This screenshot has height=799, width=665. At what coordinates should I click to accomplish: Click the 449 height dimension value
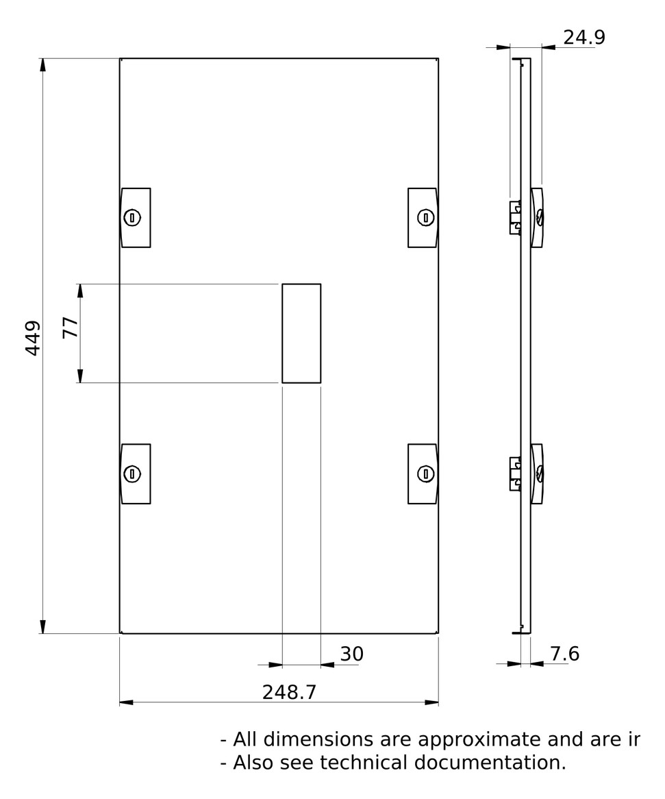click(33, 338)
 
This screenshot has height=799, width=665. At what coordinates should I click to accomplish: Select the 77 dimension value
click(70, 328)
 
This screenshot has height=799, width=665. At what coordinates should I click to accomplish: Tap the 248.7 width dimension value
click(289, 692)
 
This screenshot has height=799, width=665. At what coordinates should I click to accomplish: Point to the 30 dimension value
click(351, 654)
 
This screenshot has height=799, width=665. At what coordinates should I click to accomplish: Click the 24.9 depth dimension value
click(584, 38)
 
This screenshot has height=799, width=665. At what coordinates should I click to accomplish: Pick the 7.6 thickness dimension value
click(564, 654)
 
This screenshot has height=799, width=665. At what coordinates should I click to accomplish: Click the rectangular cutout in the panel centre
click(301, 333)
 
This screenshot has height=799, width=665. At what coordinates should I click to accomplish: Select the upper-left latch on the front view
click(136, 217)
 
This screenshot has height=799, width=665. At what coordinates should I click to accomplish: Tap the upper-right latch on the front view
click(423, 217)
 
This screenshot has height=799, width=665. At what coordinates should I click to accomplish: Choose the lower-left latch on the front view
click(136, 474)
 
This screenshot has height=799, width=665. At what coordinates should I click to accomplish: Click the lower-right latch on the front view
click(423, 474)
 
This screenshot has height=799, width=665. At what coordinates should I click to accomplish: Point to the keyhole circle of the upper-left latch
click(131, 218)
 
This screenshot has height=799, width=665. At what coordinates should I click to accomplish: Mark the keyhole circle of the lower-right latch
click(427, 474)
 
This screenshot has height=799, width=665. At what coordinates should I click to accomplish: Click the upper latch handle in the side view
click(538, 217)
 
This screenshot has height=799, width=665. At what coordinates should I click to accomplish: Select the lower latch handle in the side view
click(538, 474)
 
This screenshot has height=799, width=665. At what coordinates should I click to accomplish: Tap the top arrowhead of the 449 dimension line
click(43, 65)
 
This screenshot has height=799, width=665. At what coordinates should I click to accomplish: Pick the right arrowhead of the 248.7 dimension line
click(431, 702)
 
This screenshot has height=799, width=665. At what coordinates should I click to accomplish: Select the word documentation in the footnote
click(496, 763)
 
